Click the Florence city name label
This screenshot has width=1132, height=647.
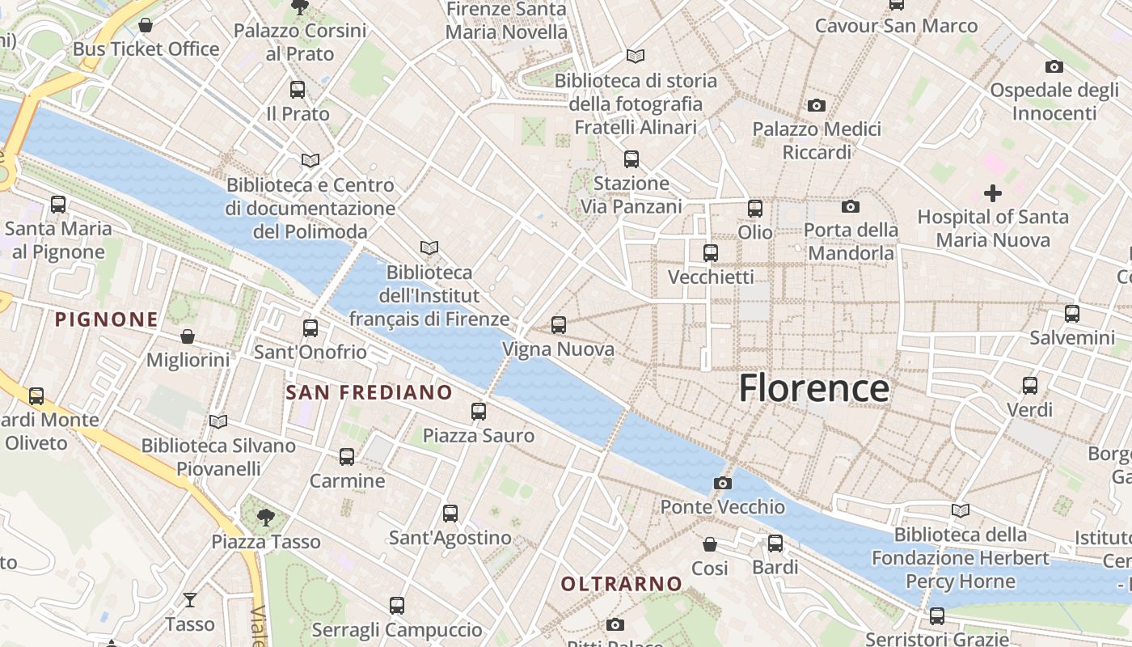coord(813,388)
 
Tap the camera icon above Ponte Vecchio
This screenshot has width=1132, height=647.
coord(723,484)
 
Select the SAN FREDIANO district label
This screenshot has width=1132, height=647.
coord(370,393)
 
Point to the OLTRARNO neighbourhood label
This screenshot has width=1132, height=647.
coord(622,583)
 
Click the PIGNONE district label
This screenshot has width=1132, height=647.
coord(107,319)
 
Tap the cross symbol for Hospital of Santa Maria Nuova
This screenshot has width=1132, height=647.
coord(992,193)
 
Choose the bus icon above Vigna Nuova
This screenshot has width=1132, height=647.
coord(558,325)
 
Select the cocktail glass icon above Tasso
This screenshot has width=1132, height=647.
coord(189,600)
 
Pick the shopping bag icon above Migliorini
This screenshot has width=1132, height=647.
coord(188,336)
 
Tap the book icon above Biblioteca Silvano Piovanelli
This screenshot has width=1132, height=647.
coord(218,421)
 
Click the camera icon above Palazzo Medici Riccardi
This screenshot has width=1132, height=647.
coord(817,105)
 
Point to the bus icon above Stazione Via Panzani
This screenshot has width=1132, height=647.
coord(631,159)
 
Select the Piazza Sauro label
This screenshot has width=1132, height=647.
coord(479,436)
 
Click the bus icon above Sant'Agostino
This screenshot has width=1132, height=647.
coord(450,513)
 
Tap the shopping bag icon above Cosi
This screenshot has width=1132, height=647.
coord(709,544)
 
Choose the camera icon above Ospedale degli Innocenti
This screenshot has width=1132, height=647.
coord(1054,66)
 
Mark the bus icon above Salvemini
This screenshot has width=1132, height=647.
coord(1072,314)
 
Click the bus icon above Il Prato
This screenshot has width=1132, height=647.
coord(298,90)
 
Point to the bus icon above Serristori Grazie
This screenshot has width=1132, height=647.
coord(936,615)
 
